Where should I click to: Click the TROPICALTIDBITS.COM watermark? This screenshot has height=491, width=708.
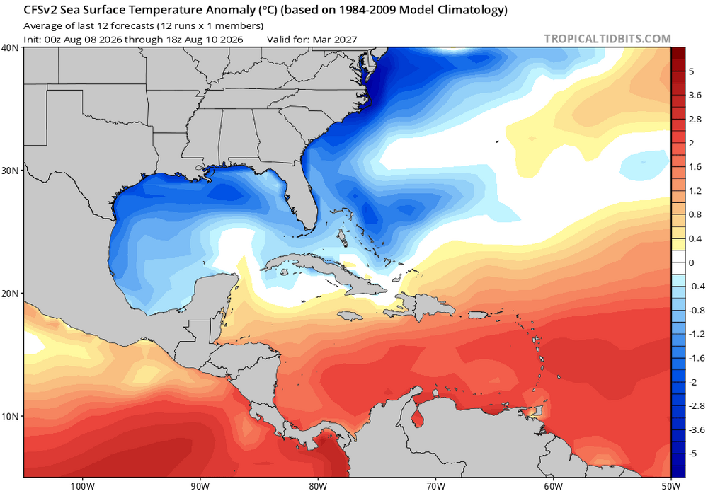click(607, 39)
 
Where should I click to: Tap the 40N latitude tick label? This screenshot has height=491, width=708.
click(10, 48)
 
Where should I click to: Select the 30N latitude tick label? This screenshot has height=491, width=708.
click(10, 171)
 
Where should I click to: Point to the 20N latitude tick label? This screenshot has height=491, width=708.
click(10, 294)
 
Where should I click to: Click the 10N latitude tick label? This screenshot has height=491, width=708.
click(10, 416)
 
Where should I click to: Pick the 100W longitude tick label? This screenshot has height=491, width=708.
click(83, 486)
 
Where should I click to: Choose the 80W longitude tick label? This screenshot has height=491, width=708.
click(318, 486)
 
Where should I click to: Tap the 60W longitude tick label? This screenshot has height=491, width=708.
click(553, 486)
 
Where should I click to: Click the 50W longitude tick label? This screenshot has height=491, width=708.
click(671, 486)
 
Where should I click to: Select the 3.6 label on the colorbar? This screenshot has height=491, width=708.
click(695, 96)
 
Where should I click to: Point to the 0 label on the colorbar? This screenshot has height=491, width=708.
click(691, 262)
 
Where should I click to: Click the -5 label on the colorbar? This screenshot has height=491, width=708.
click(693, 454)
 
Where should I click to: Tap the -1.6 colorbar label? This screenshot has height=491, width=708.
click(696, 358)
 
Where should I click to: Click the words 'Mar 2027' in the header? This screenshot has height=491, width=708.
click(335, 40)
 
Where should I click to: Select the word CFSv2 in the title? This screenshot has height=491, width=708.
click(40, 10)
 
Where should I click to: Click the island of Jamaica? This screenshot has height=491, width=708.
click(350, 316)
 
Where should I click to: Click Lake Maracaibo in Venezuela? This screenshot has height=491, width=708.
click(418, 418)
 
